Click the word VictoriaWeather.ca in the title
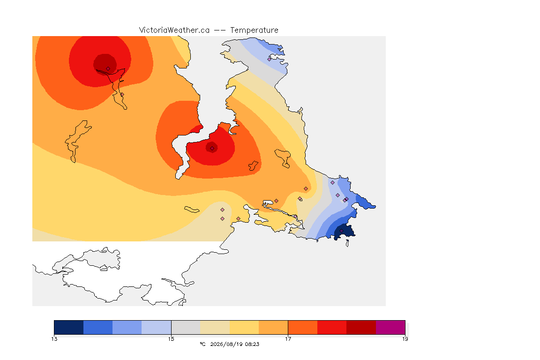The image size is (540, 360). [174, 30]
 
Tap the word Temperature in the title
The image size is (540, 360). [254, 30]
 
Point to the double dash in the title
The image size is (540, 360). [220, 30]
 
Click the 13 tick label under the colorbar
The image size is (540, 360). [54, 339]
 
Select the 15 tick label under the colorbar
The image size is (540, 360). [171, 339]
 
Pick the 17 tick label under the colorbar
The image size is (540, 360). [288, 339]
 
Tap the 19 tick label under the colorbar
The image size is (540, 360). [405, 339]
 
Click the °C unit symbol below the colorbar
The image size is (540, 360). [202, 344]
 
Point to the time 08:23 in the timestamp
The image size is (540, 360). [253, 344]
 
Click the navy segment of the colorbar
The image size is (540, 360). [69, 327]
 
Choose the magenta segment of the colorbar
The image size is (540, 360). [390, 327]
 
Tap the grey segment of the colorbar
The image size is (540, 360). [186, 327]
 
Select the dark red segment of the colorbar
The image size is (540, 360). [361, 327]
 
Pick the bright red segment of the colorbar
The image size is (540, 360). [332, 327]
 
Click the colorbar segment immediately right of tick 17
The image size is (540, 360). [303, 327]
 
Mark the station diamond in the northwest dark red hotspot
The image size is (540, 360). [108, 69]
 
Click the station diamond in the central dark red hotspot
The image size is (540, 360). [212, 149]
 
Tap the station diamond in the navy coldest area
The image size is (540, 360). [341, 231]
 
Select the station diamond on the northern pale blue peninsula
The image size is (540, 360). [270, 59]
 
